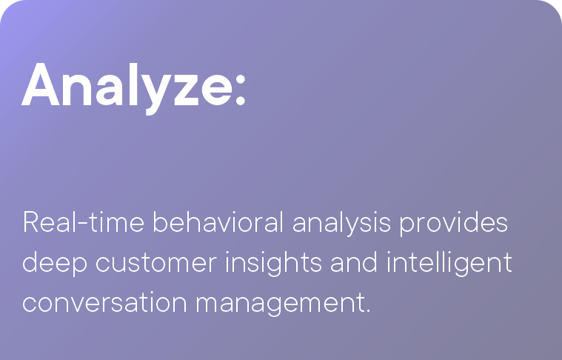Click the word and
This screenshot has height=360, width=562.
click(x=354, y=262)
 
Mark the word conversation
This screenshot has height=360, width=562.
click(x=104, y=303)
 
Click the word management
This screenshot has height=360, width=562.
click(x=281, y=304)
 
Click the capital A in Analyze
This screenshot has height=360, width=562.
click(x=41, y=84)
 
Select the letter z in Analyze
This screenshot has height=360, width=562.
click(x=187, y=90)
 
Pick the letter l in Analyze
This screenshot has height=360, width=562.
click(x=133, y=84)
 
